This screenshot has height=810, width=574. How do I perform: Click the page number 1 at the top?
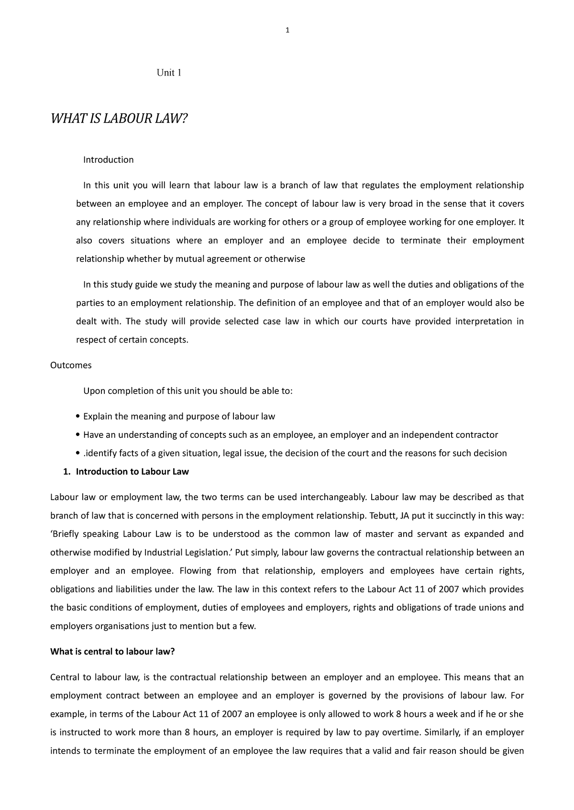287,31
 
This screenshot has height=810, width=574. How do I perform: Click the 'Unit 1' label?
169,73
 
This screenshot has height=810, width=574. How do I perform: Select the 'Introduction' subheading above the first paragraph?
108,160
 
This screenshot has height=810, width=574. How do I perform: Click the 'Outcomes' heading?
71,365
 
